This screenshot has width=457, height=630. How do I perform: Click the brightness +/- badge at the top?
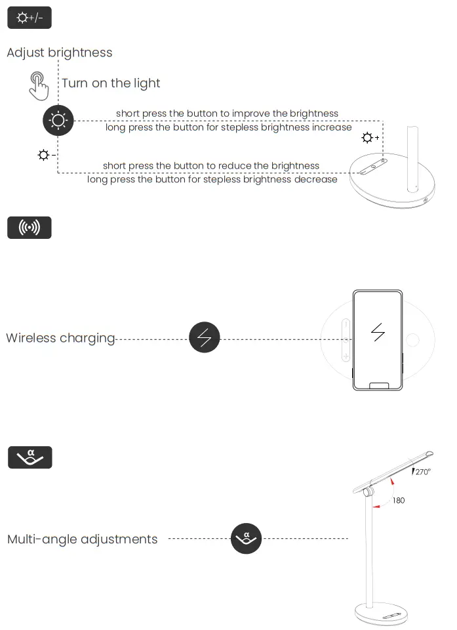click(29, 18)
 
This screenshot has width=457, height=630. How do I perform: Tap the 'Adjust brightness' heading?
click(59, 52)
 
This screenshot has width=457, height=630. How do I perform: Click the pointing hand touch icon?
click(39, 85)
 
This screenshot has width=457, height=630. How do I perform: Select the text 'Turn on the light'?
click(111, 83)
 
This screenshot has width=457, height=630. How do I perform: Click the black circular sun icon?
click(58, 120)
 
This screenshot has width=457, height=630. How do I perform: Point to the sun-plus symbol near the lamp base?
click(370, 138)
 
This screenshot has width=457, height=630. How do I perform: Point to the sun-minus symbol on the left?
click(46, 156)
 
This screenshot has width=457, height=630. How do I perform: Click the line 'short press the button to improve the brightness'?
click(227, 114)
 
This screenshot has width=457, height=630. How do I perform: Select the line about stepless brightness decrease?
click(212, 179)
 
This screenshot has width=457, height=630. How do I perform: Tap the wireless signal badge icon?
click(29, 228)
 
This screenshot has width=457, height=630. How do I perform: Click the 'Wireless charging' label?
click(60, 338)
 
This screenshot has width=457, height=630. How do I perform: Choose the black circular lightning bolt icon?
click(205, 338)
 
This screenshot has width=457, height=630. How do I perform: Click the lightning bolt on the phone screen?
click(378, 333)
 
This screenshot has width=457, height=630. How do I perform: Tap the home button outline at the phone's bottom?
click(378, 386)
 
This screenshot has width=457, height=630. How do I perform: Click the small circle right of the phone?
click(413, 340)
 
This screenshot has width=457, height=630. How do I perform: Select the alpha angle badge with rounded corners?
click(30, 457)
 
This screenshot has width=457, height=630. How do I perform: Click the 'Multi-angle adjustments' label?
click(83, 539)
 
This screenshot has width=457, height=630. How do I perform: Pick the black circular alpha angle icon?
click(247, 539)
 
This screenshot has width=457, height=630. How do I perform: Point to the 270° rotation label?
click(422, 472)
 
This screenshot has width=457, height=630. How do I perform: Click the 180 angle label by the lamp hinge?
click(399, 500)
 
